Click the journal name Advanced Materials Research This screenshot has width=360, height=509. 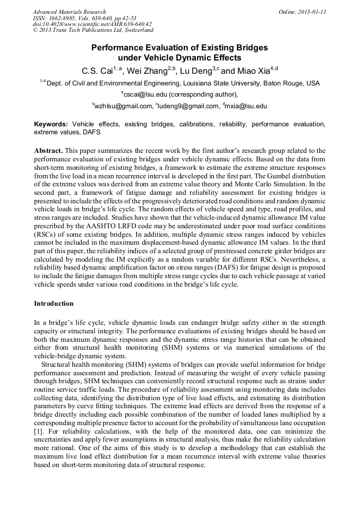point(70,12)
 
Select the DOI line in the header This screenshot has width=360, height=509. point(92,24)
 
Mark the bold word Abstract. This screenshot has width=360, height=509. point(50,151)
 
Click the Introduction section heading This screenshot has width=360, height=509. point(54,304)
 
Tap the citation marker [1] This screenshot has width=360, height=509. point(39,431)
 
